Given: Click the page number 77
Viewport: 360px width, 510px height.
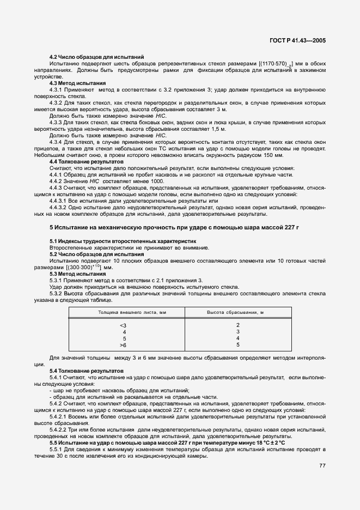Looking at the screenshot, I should point(322,466).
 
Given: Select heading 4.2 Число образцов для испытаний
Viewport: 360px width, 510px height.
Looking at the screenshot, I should point(96,57).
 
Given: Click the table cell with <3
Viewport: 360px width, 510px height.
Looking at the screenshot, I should point(123,325).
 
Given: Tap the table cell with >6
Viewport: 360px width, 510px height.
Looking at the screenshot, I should point(123,345).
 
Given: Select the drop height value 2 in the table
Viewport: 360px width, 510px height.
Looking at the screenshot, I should point(237,325).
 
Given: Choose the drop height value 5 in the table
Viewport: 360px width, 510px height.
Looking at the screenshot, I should point(237,345).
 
